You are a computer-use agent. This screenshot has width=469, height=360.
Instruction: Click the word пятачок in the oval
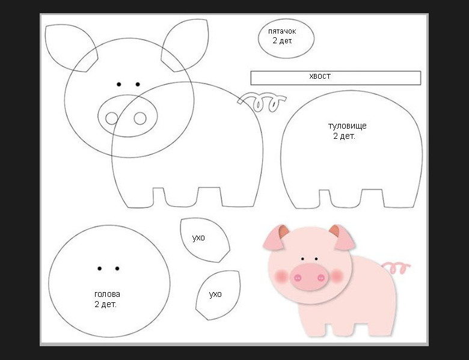(x=282, y=31)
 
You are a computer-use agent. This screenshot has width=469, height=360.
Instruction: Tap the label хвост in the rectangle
(x=320, y=76)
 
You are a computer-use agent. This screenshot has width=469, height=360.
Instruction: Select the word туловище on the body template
(x=348, y=126)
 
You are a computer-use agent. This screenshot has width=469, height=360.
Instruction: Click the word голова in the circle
(x=107, y=294)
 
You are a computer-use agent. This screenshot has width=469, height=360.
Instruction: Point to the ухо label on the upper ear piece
(x=198, y=238)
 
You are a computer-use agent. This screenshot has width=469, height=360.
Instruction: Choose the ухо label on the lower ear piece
(x=215, y=294)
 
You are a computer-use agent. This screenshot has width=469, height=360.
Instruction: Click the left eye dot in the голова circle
(x=100, y=269)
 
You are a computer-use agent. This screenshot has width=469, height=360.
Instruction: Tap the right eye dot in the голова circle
(x=117, y=269)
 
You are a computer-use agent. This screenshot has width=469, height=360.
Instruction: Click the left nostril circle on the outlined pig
(x=112, y=118)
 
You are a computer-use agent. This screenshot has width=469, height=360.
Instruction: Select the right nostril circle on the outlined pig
(x=140, y=118)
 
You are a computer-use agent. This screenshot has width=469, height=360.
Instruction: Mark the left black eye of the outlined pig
(x=118, y=84)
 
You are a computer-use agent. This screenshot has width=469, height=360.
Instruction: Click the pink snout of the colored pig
(x=309, y=276)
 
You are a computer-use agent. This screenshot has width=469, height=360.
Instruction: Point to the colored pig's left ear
(x=275, y=238)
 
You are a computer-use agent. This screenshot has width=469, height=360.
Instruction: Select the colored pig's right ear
(x=343, y=237)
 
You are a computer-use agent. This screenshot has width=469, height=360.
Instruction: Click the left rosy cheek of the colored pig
(x=281, y=276)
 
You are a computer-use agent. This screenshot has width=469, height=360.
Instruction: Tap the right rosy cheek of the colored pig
(x=337, y=275)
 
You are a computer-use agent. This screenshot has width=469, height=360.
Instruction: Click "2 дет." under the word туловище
(x=344, y=136)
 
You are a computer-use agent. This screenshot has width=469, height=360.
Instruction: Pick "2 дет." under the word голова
(x=105, y=304)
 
